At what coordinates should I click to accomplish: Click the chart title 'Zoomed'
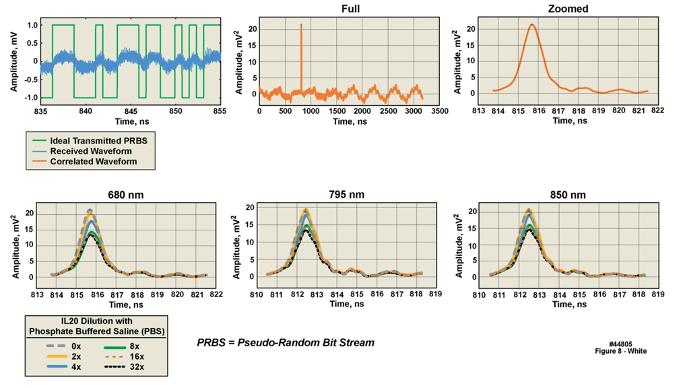[568, 9]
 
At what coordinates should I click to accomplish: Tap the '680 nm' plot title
[125, 195]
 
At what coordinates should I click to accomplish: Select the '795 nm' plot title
[348, 195]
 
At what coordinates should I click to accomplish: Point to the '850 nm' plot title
[568, 195]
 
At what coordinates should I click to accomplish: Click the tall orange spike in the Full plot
[301, 54]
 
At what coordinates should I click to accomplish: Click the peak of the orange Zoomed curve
[532, 25]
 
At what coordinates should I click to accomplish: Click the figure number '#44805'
[620, 344]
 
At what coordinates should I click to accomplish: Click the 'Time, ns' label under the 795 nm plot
[348, 304]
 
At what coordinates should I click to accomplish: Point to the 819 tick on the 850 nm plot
[657, 294]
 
